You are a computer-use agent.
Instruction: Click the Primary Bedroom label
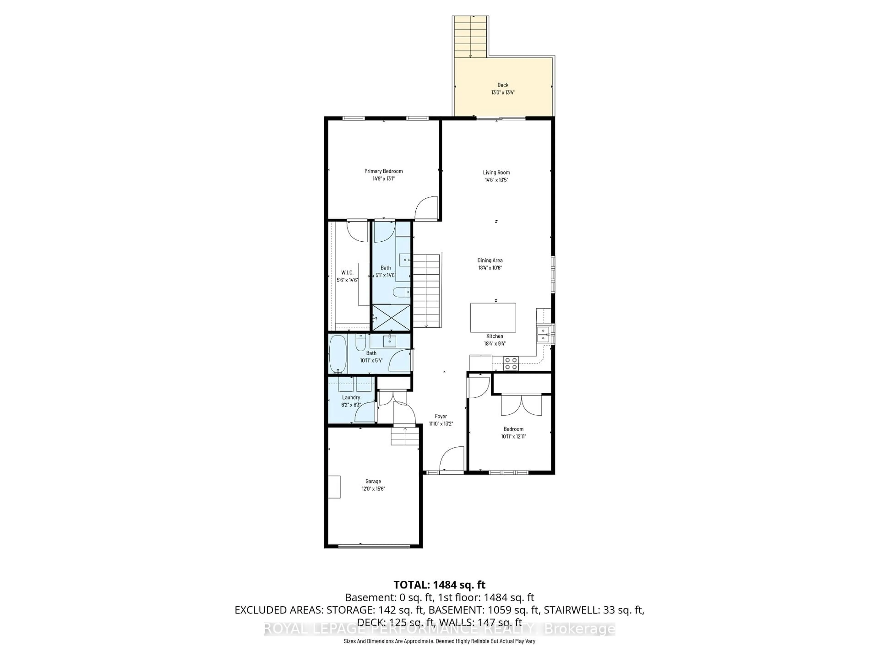click(x=383, y=171)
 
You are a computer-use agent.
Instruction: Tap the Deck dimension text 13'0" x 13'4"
click(x=503, y=92)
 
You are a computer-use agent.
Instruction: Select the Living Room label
click(x=496, y=172)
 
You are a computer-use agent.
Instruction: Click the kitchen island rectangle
click(x=493, y=317)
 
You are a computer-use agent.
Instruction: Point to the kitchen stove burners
click(x=511, y=363)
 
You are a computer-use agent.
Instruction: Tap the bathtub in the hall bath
click(x=338, y=354)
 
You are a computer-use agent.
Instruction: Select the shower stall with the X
click(x=391, y=317)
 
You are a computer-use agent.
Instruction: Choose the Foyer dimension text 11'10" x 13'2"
click(x=441, y=424)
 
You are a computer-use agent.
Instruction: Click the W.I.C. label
click(x=347, y=273)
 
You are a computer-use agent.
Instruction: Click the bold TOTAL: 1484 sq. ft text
click(x=439, y=585)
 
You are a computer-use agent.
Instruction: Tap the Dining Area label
click(x=490, y=260)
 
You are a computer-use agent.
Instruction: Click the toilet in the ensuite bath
click(x=401, y=292)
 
